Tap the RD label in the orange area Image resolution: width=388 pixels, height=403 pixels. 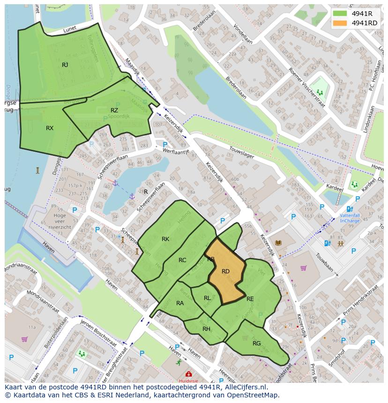(x=225, y=271)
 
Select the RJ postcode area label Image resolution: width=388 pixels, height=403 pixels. (x=65, y=65)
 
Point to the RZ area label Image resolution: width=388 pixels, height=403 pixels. (x=114, y=110)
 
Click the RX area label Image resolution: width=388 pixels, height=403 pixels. (x=50, y=128)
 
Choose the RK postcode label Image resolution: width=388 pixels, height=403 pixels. (x=165, y=239)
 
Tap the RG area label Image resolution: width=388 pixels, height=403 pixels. (x=256, y=344)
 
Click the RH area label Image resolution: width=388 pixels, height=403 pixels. (x=206, y=329)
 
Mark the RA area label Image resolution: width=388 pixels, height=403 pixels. (x=180, y=303)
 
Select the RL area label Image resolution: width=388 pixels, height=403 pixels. (x=207, y=298)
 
